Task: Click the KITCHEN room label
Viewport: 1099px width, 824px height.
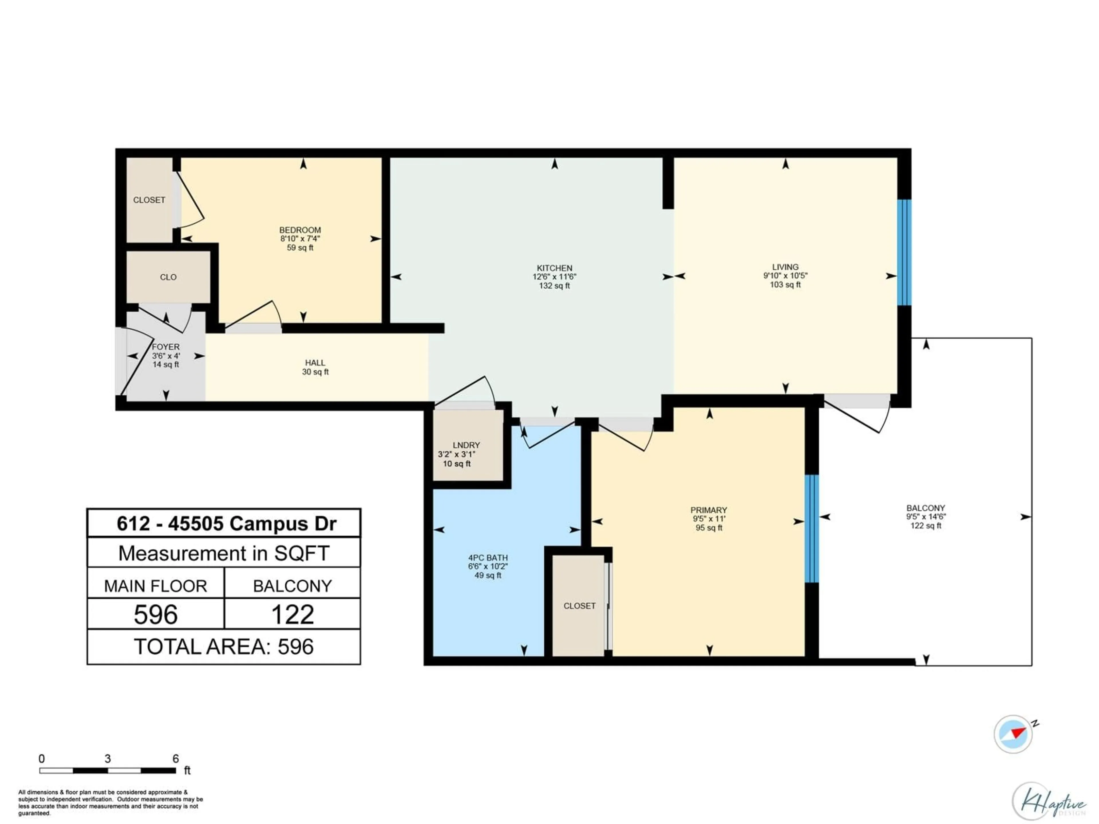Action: [554, 268]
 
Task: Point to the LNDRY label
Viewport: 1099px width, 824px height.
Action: [466, 445]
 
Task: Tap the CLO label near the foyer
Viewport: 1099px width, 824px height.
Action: [168, 277]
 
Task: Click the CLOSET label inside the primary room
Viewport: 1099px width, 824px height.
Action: [579, 606]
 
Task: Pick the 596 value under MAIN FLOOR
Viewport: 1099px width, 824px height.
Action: [155, 615]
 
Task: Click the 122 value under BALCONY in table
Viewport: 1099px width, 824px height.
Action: [292, 615]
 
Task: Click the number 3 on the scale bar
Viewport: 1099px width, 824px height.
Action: [107, 758]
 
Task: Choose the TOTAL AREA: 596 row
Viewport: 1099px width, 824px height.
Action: [224, 647]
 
